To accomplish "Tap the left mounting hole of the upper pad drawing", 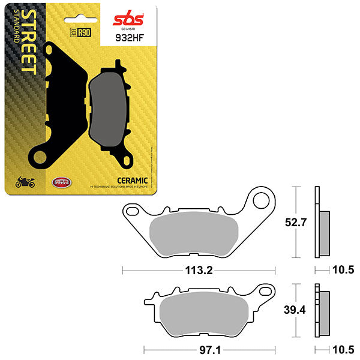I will [x=132, y=211].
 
